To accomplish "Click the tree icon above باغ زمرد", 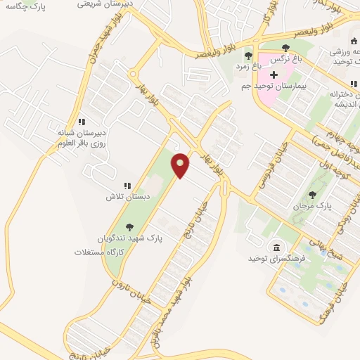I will click(x=247, y=56).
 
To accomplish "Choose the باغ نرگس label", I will click(x=280, y=60).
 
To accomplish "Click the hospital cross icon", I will click(x=274, y=74).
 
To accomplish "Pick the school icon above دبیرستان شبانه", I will click(x=82, y=121).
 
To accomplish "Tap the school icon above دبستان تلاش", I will click(x=127, y=186).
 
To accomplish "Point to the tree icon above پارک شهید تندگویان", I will click(x=129, y=227).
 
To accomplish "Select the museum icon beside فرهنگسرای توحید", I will click(x=277, y=248).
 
